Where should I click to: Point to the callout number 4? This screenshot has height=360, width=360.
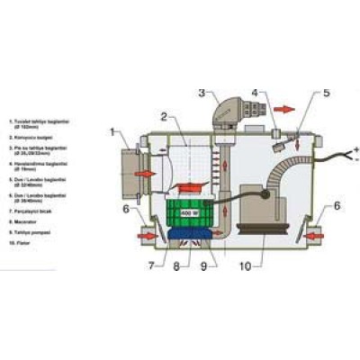coord(256,92)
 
